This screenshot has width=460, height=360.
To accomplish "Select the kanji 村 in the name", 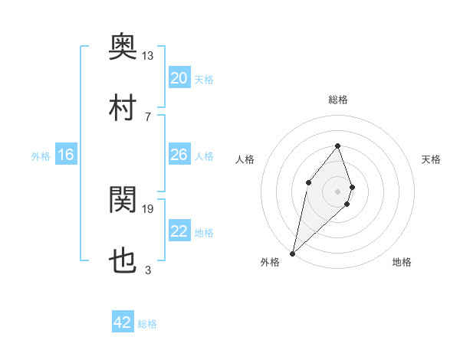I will point(123,108).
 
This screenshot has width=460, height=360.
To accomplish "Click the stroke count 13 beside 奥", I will point(148,55).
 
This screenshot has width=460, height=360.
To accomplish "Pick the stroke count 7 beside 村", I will point(147,116).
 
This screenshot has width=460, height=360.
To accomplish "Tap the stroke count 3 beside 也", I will point(147,270).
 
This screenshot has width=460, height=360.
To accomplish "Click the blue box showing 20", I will point(179,78).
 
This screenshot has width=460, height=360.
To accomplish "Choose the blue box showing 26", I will point(179,155).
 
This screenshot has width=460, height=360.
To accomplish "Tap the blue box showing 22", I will point(179,231).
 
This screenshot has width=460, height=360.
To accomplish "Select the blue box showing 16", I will point(66,155).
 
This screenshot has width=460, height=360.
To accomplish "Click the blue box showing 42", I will point(123,322).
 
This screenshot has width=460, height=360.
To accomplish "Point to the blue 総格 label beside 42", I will point(147,324).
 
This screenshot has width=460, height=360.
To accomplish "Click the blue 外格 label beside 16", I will point(41,156).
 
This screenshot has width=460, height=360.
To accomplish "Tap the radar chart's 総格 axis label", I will point(337,100).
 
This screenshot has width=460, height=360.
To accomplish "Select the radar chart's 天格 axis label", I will point(431,159).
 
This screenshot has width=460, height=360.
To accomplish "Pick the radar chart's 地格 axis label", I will point(402,262).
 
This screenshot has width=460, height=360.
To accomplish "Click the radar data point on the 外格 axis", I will point(292,253).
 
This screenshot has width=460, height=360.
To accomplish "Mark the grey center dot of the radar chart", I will point(337,191).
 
